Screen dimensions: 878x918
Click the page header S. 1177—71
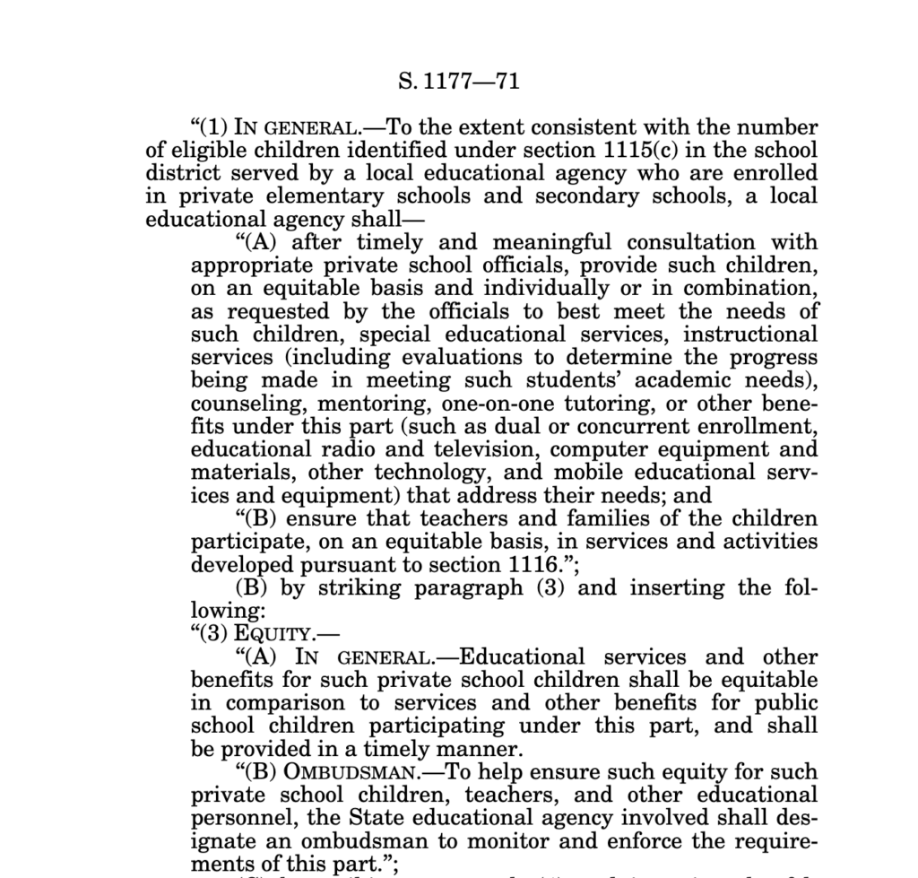[458, 83]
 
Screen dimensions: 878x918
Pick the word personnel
[236, 818]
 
